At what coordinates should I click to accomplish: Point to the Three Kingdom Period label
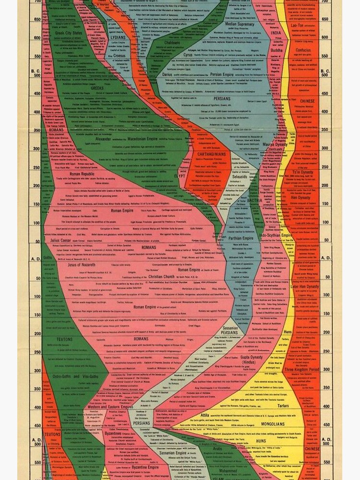click(x=301, y=370)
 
